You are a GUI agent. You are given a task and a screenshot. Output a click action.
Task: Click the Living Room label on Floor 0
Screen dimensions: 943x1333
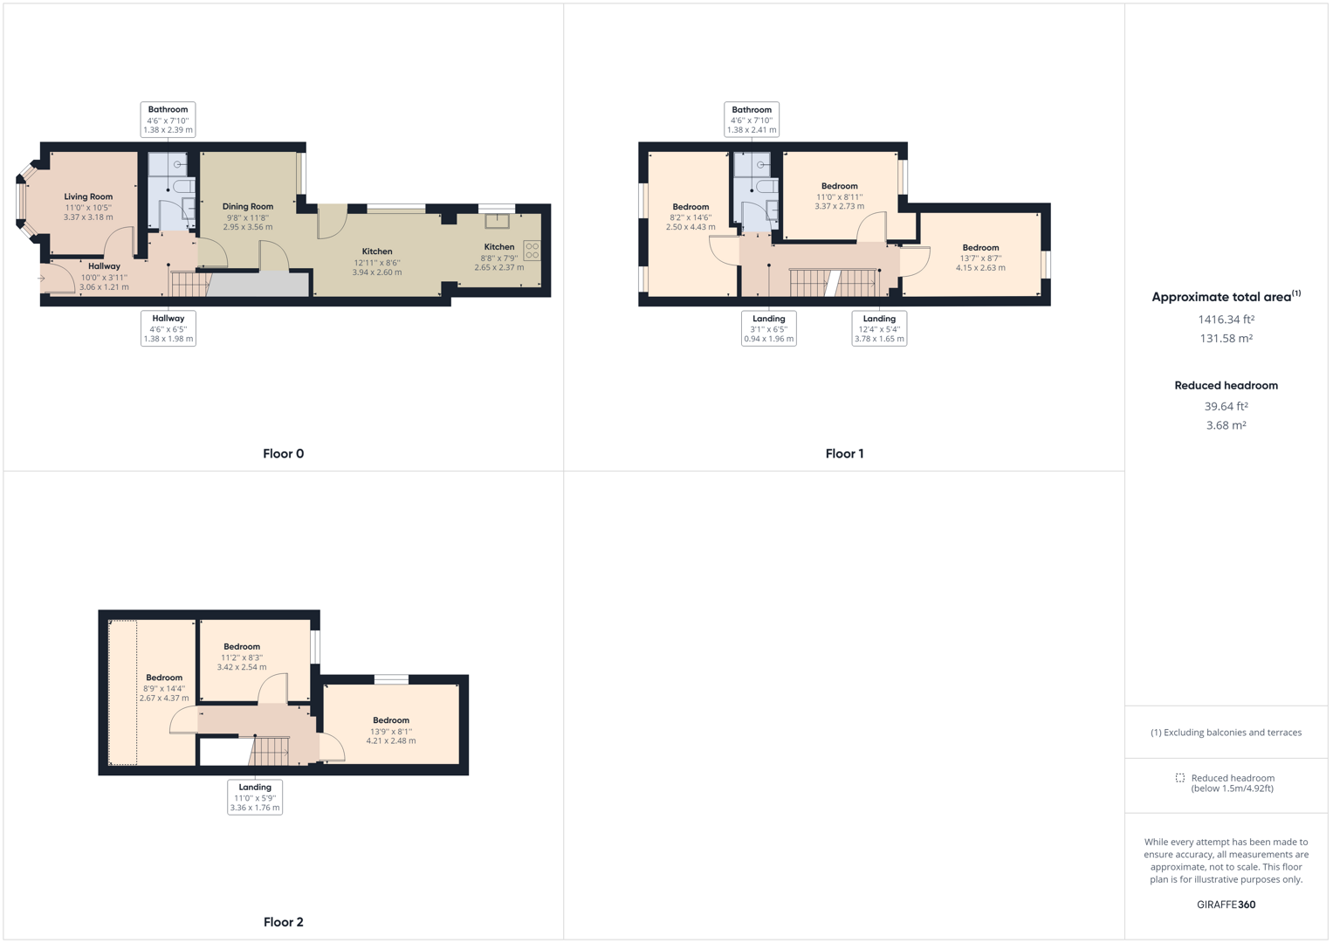click(88, 196)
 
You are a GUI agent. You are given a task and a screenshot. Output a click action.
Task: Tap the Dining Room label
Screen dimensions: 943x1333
click(248, 207)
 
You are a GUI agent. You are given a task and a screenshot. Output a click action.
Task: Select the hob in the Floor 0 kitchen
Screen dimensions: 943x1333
click(532, 251)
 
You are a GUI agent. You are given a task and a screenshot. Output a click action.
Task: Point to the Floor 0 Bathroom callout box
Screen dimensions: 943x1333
click(168, 120)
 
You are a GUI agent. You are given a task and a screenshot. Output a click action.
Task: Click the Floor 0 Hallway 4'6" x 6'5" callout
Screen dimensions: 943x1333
click(168, 328)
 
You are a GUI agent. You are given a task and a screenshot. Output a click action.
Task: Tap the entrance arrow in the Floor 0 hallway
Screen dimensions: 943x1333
click(41, 279)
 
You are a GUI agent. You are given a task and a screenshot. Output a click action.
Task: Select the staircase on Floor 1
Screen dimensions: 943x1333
click(833, 283)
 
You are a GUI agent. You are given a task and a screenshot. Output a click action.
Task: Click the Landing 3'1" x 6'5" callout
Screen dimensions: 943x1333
click(768, 328)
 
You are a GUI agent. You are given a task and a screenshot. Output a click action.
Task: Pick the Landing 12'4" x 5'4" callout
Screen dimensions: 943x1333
click(879, 328)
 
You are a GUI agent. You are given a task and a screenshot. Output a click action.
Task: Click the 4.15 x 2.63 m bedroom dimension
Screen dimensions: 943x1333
click(980, 268)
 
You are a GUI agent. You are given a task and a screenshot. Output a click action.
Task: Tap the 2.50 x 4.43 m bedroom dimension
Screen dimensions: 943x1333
click(691, 227)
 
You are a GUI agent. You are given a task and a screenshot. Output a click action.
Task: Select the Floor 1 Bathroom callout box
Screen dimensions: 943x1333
click(752, 120)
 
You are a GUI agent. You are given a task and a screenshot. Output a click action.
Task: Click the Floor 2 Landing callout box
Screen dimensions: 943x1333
click(255, 797)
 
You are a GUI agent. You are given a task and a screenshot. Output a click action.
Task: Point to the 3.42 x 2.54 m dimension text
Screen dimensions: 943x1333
click(242, 667)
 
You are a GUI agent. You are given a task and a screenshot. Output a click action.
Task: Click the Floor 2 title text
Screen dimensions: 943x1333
click(284, 922)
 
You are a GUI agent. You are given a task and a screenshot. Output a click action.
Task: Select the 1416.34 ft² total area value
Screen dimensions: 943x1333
click(1226, 320)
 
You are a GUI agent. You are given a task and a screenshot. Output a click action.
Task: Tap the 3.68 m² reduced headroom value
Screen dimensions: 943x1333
click(1226, 426)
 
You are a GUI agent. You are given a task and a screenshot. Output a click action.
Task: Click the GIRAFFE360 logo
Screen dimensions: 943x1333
click(1226, 905)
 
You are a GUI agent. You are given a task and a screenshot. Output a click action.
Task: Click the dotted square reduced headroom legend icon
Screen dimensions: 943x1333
click(1180, 778)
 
